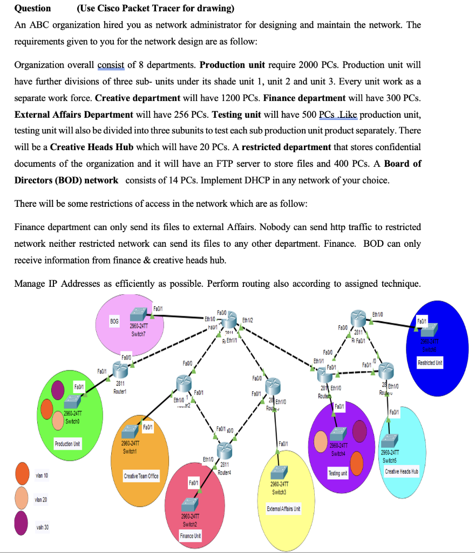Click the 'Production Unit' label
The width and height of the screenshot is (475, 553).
coord(68,444)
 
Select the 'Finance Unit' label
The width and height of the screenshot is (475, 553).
coord(190,536)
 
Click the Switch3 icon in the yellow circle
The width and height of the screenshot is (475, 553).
coord(279,472)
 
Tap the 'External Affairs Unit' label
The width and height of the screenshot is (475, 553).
coord(283,509)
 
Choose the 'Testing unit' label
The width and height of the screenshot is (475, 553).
coord(338,473)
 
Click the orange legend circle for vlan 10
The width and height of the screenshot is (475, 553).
coord(22,474)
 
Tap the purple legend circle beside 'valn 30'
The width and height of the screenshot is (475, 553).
coord(22,525)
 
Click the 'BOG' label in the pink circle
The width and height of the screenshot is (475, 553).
coord(114,321)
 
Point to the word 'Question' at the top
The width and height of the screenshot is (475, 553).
coord(32,8)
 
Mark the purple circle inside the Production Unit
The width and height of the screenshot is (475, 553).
coord(58,388)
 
